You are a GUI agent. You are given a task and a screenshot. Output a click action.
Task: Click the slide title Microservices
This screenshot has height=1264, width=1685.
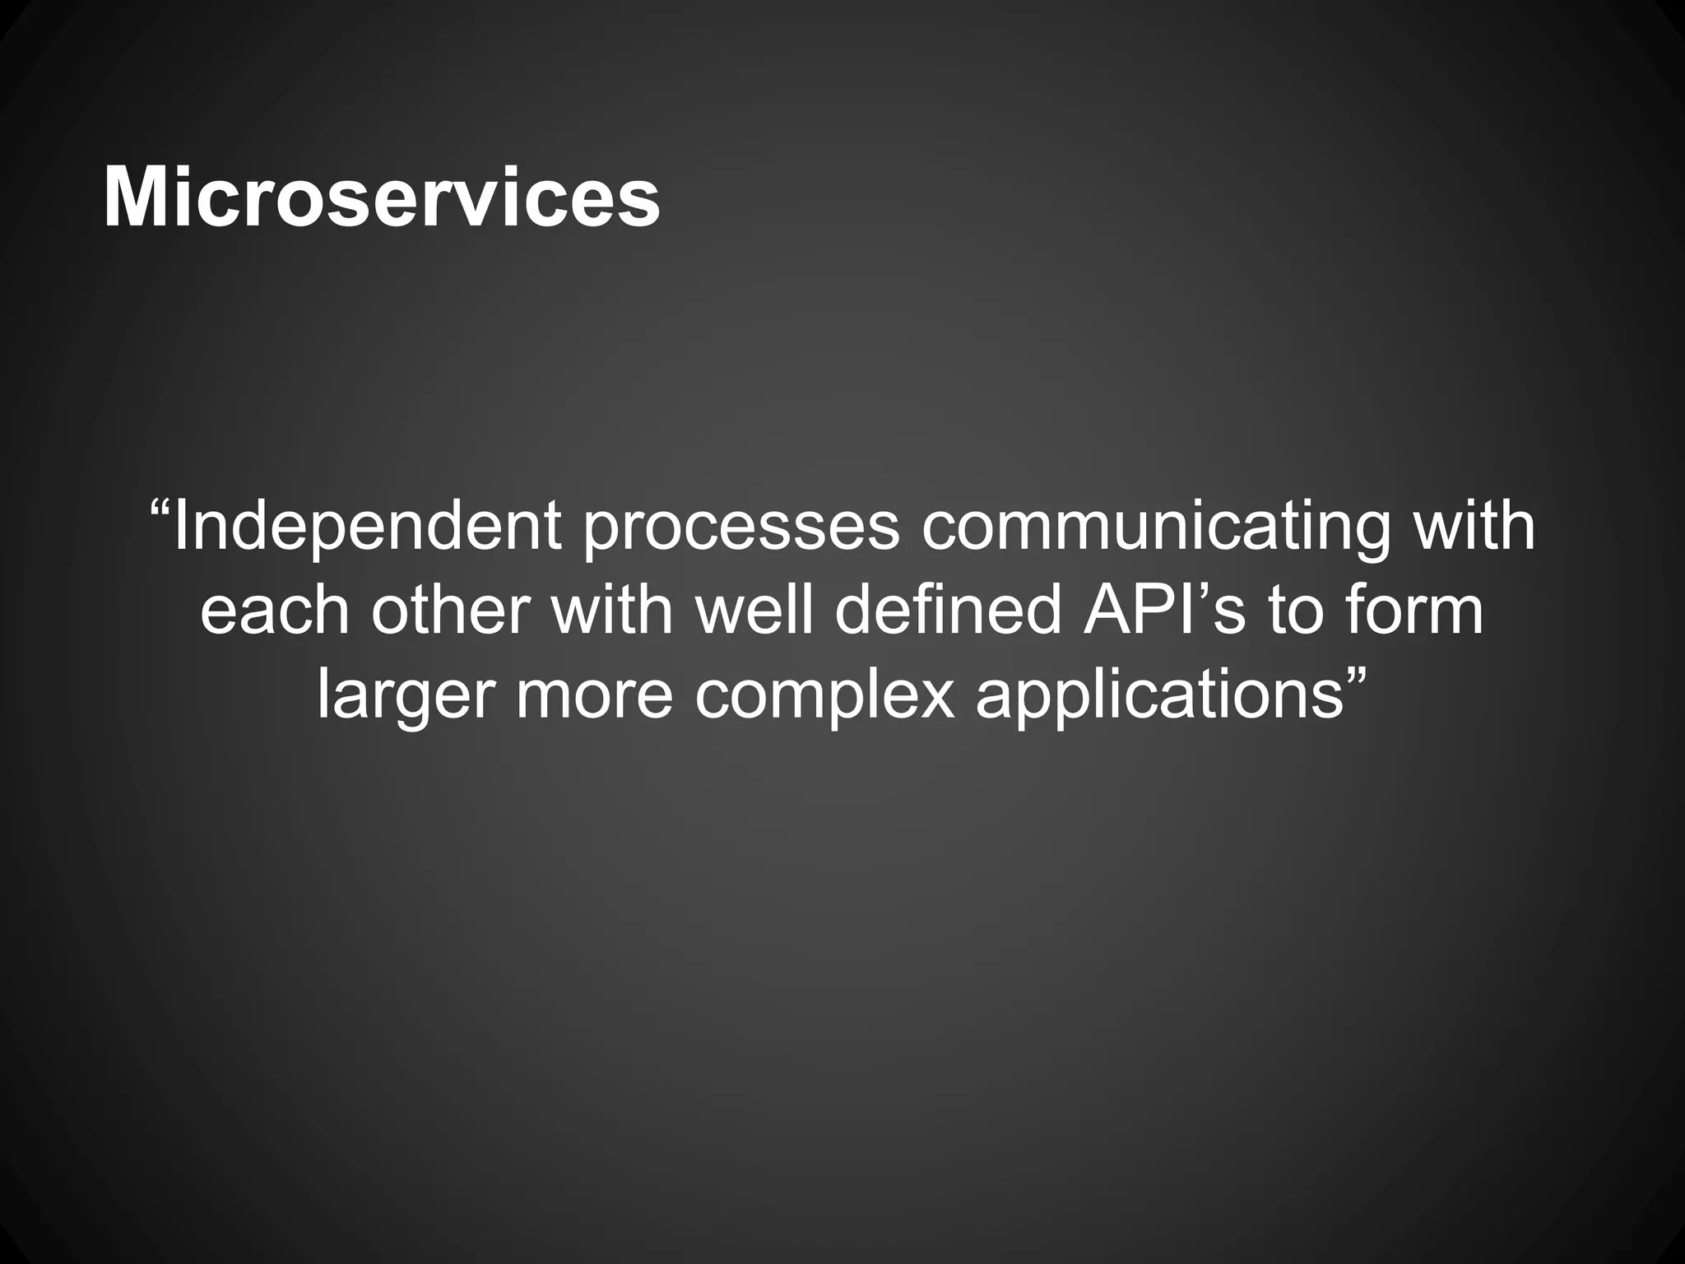[x=381, y=198]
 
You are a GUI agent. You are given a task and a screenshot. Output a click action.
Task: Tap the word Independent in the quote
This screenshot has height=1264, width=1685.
[x=368, y=527]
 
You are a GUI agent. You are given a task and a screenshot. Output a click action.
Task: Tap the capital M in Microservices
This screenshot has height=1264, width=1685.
[x=134, y=198]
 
